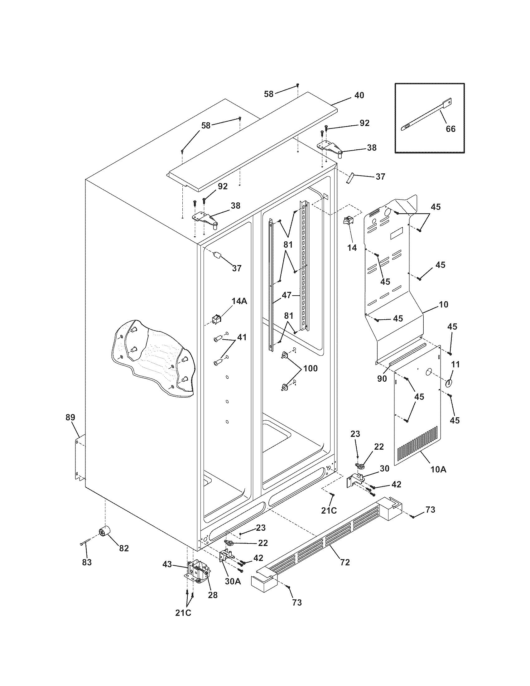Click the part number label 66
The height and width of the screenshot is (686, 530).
point(450,129)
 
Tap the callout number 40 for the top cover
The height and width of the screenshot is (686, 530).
point(359,95)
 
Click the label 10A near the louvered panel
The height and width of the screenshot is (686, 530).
point(439,478)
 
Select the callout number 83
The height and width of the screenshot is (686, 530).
point(87,562)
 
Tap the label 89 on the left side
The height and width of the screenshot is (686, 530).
point(70,417)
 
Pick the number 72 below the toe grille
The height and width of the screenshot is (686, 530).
point(345,562)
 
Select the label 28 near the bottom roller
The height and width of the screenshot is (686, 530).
point(213,595)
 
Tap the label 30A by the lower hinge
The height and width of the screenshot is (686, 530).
point(233,581)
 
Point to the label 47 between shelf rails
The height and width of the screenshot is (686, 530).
point(287,295)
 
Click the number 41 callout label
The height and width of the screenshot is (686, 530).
point(242,337)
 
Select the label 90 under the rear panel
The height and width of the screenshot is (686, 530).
point(382,379)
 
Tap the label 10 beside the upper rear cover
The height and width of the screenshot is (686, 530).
point(444,304)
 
